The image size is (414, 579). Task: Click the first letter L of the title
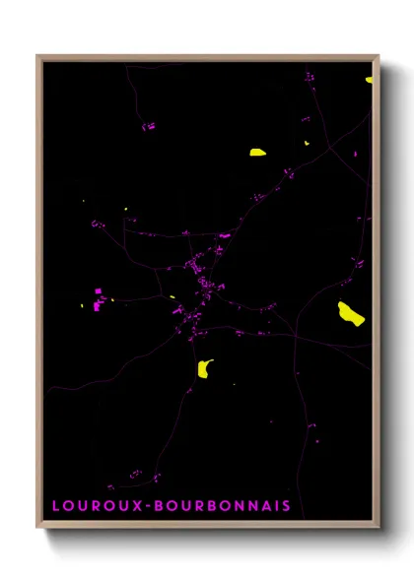56,505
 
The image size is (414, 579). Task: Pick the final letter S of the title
286,505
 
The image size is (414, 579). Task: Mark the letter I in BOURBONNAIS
275,505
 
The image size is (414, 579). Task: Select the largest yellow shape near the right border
350,314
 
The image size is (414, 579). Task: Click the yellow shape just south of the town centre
205,368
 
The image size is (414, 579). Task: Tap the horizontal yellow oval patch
257,152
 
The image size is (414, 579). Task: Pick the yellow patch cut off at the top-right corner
369,78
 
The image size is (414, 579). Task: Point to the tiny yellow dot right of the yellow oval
307,144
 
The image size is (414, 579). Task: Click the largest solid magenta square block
98,290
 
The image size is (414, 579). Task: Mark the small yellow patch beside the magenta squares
111,300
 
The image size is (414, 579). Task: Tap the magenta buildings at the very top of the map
309,76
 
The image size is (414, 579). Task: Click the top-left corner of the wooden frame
38,57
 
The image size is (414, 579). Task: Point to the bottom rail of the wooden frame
207,527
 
